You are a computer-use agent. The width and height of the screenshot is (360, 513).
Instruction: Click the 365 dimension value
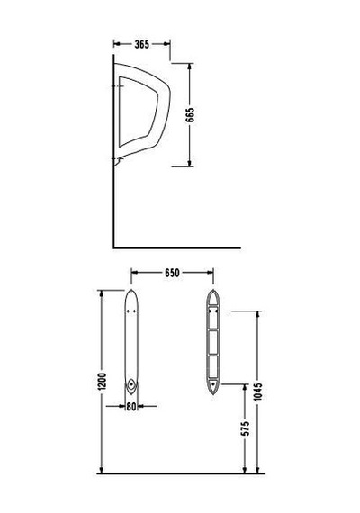[x=141, y=44]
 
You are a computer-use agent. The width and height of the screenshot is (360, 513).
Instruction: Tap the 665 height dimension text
[x=190, y=115]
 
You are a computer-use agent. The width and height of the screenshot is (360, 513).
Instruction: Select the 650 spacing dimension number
[x=172, y=273]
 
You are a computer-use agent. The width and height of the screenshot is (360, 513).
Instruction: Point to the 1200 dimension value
[x=102, y=382]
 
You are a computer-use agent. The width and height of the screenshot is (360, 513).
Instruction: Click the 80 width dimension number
[x=131, y=406]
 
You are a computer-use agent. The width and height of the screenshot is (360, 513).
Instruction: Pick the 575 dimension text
[x=245, y=428]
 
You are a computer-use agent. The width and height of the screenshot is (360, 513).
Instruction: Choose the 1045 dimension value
[x=258, y=391]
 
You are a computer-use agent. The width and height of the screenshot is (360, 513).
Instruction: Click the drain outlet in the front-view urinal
[x=131, y=383]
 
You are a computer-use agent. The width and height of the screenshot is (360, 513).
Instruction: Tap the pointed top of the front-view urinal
[x=131, y=290]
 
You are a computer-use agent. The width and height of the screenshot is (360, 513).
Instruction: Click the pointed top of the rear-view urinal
[x=213, y=290]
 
